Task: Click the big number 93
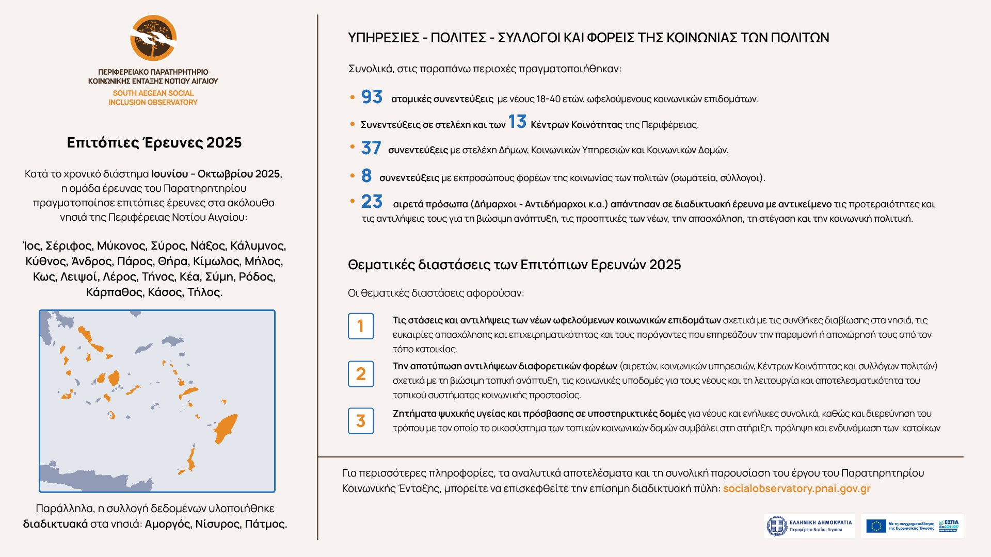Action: tap(372, 97)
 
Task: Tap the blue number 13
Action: tap(517, 122)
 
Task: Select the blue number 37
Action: tap(371, 149)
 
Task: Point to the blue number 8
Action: tap(366, 176)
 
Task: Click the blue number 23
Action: tap(372, 202)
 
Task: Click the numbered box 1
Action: tap(361, 326)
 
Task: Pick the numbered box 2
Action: tap(361, 374)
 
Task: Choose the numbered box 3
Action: tap(361, 421)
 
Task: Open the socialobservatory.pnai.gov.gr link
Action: tap(796, 488)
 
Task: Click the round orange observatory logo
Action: tap(153, 38)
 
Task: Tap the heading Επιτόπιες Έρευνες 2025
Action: tap(154, 143)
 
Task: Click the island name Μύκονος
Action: tap(121, 246)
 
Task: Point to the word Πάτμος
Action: tap(265, 524)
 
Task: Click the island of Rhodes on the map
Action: tap(226, 428)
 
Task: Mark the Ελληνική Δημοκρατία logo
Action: tap(809, 526)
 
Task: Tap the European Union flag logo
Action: tap(876, 526)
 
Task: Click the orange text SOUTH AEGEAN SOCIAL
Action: tap(153, 93)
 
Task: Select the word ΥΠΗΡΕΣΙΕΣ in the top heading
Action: tap(383, 38)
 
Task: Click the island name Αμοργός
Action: tap(167, 524)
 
